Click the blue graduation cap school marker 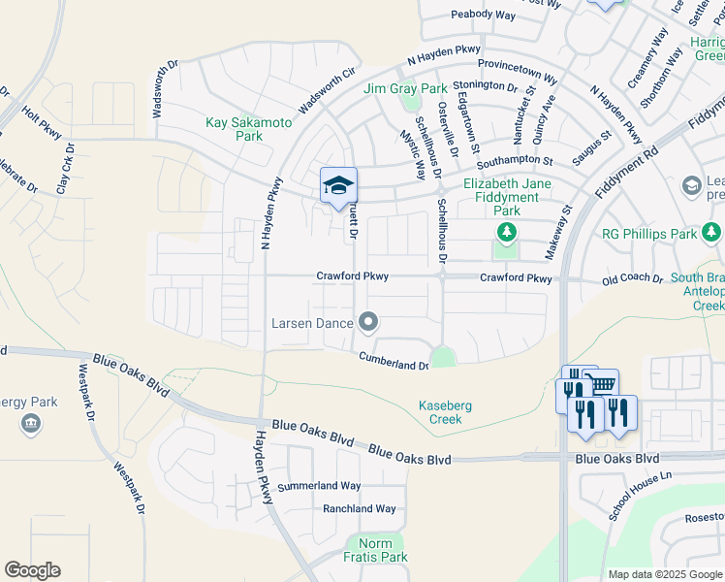pyautogui.click(x=338, y=185)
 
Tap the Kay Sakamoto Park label pyautogui.click(x=235, y=130)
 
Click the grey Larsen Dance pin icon pyautogui.click(x=367, y=321)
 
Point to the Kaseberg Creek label pyautogui.click(x=446, y=412)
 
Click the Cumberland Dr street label pyautogui.click(x=394, y=361)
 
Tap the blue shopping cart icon pyautogui.click(x=602, y=384)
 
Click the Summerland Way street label pyautogui.click(x=319, y=486)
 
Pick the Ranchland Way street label pyautogui.click(x=359, y=508)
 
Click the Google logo pyautogui.click(x=32, y=570)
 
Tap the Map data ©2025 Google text pyautogui.click(x=664, y=574)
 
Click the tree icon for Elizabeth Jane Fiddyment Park pyautogui.click(x=504, y=232)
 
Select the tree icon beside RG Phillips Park pyautogui.click(x=711, y=232)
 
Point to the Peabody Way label pyautogui.click(x=484, y=15)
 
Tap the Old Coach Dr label pyautogui.click(x=631, y=279)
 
